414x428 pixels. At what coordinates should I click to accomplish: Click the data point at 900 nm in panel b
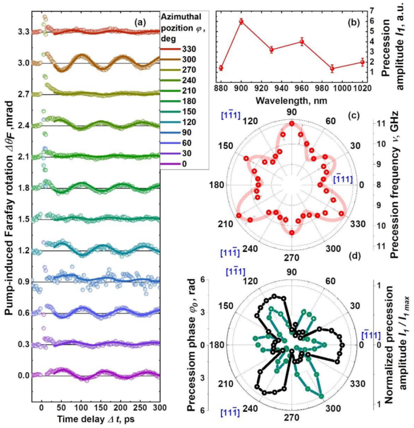tap(241, 21)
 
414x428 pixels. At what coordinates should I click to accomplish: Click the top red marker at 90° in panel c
tap(292, 124)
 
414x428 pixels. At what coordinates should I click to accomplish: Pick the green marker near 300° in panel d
tap(321, 396)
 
